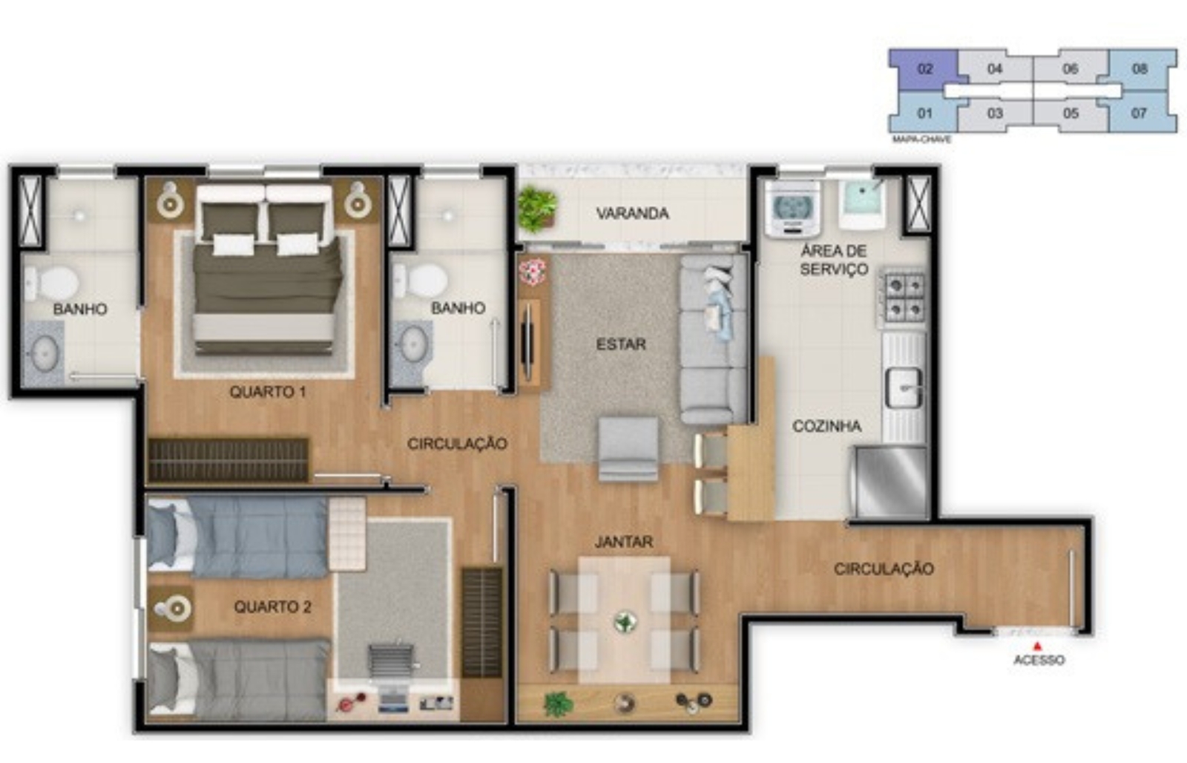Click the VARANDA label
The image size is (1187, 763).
pyautogui.click(x=632, y=213)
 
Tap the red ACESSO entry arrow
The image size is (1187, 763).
pyautogui.click(x=1038, y=646)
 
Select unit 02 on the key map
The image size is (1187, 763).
pyautogui.click(x=924, y=69)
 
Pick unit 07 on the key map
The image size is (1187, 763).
pyautogui.click(x=1139, y=113)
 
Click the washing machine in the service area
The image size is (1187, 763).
pyautogui.click(x=792, y=209)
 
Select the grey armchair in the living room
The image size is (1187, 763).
pyautogui.click(x=628, y=448)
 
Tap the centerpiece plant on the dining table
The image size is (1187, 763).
pyautogui.click(x=625, y=621)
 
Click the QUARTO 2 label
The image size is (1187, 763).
pyautogui.click(x=272, y=606)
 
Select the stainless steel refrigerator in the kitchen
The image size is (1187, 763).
pyautogui.click(x=889, y=482)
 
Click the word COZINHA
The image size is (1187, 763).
pyautogui.click(x=826, y=426)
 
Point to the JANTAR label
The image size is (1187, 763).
pyautogui.click(x=624, y=541)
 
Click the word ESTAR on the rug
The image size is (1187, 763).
pyautogui.click(x=621, y=344)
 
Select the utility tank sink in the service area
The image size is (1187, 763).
pyautogui.click(x=862, y=204)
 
